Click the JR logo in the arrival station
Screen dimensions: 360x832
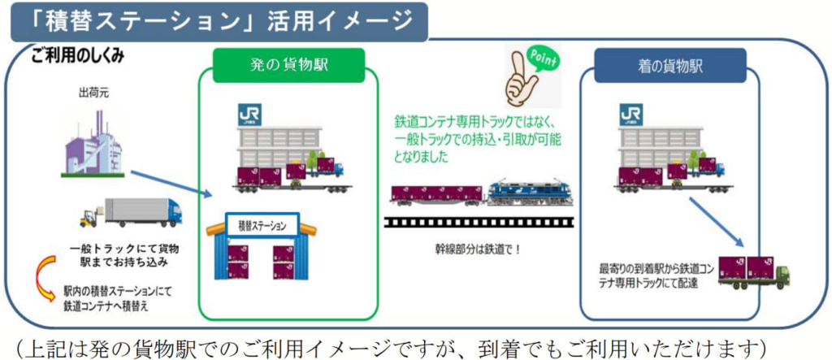click(x=630, y=115)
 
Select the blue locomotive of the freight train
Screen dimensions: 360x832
click(x=529, y=193)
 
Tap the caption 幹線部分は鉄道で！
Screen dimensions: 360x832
click(x=477, y=249)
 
